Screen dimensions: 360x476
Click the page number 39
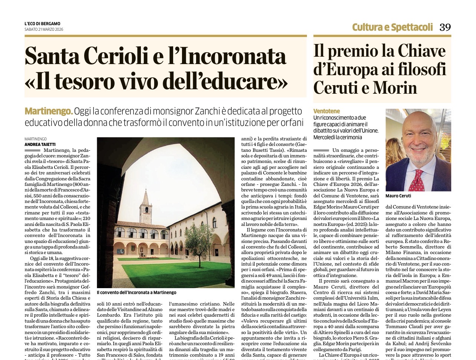click(445, 27)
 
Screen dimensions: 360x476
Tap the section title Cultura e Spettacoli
click(392, 27)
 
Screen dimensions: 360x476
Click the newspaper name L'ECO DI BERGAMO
click(42, 24)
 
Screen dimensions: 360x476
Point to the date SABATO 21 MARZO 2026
click(44, 30)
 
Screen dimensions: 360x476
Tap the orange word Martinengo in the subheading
click(48, 111)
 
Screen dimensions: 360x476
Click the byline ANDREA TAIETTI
click(40, 144)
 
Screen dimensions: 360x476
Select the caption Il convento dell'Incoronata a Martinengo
click(136, 293)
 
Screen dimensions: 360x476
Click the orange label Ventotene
click(326, 111)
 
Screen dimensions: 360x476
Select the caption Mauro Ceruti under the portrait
click(398, 196)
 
